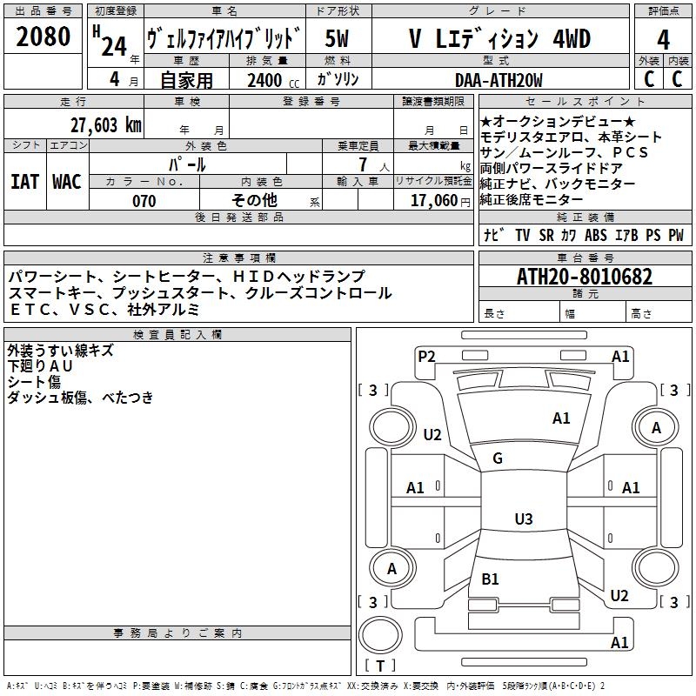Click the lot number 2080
43,37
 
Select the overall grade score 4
663,39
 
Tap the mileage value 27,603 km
105,125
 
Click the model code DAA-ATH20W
499,80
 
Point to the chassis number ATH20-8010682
585,277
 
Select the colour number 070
144,201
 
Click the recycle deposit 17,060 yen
440,201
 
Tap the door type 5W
337,38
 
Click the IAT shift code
25,182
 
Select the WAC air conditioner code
67,182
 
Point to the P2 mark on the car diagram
426,357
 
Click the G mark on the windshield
498,458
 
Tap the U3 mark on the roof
524,519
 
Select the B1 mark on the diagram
490,579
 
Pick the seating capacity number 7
363,164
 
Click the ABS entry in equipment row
596,235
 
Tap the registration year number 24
114,46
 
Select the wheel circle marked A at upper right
656,427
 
